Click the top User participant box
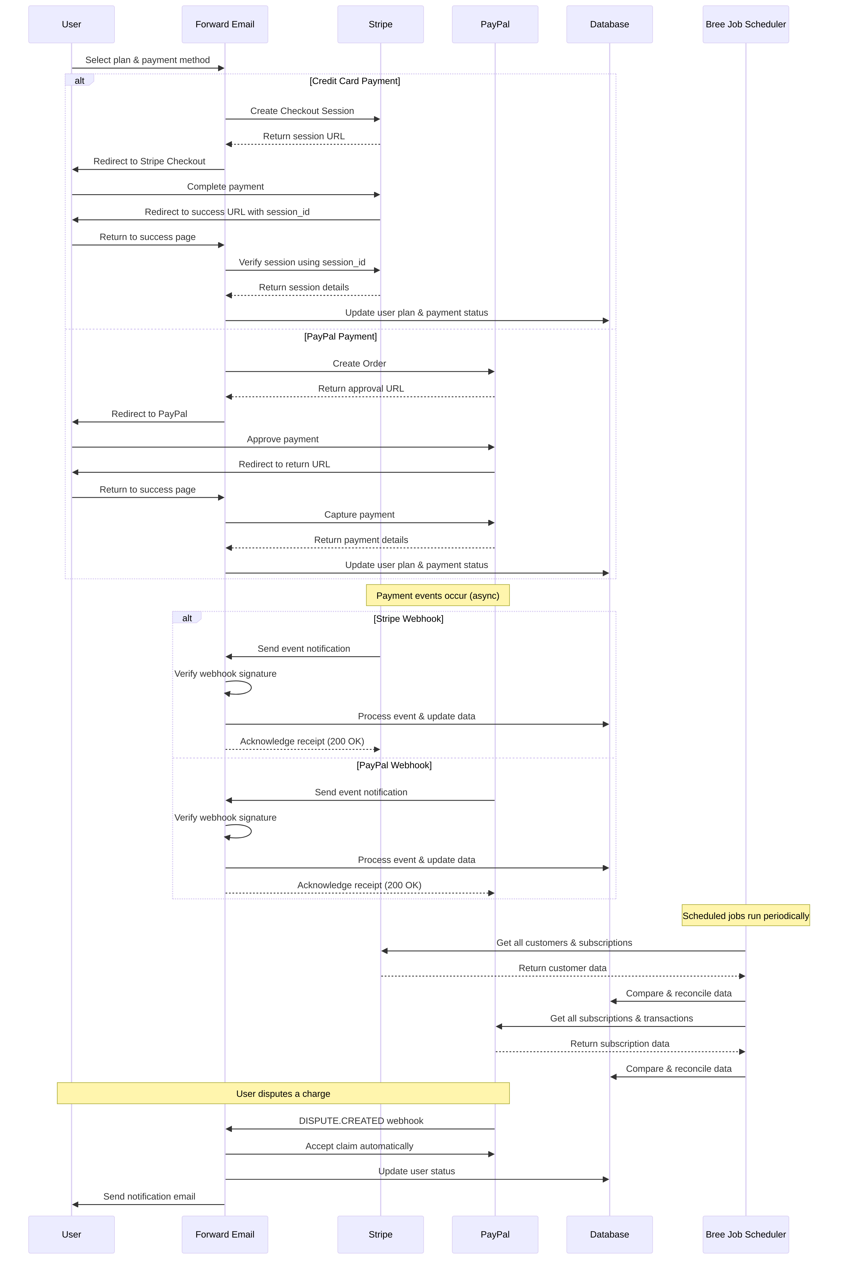72,24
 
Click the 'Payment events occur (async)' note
438,595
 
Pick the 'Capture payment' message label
359,514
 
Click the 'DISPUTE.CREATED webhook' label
361,1121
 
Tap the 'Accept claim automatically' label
359,1146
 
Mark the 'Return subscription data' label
619,1043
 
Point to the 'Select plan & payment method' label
147,60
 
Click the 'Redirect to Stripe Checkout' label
149,161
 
